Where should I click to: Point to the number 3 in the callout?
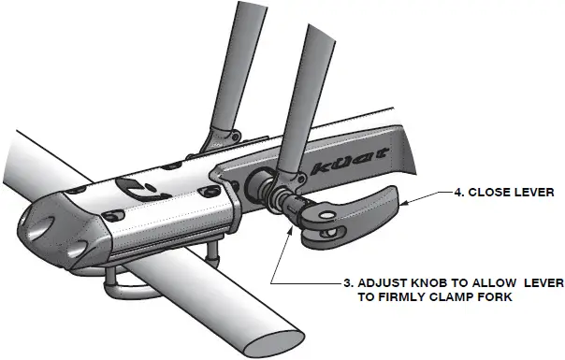tap(346, 283)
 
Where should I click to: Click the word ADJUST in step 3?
tap(381, 283)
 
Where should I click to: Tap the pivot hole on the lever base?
tap(326, 225)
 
